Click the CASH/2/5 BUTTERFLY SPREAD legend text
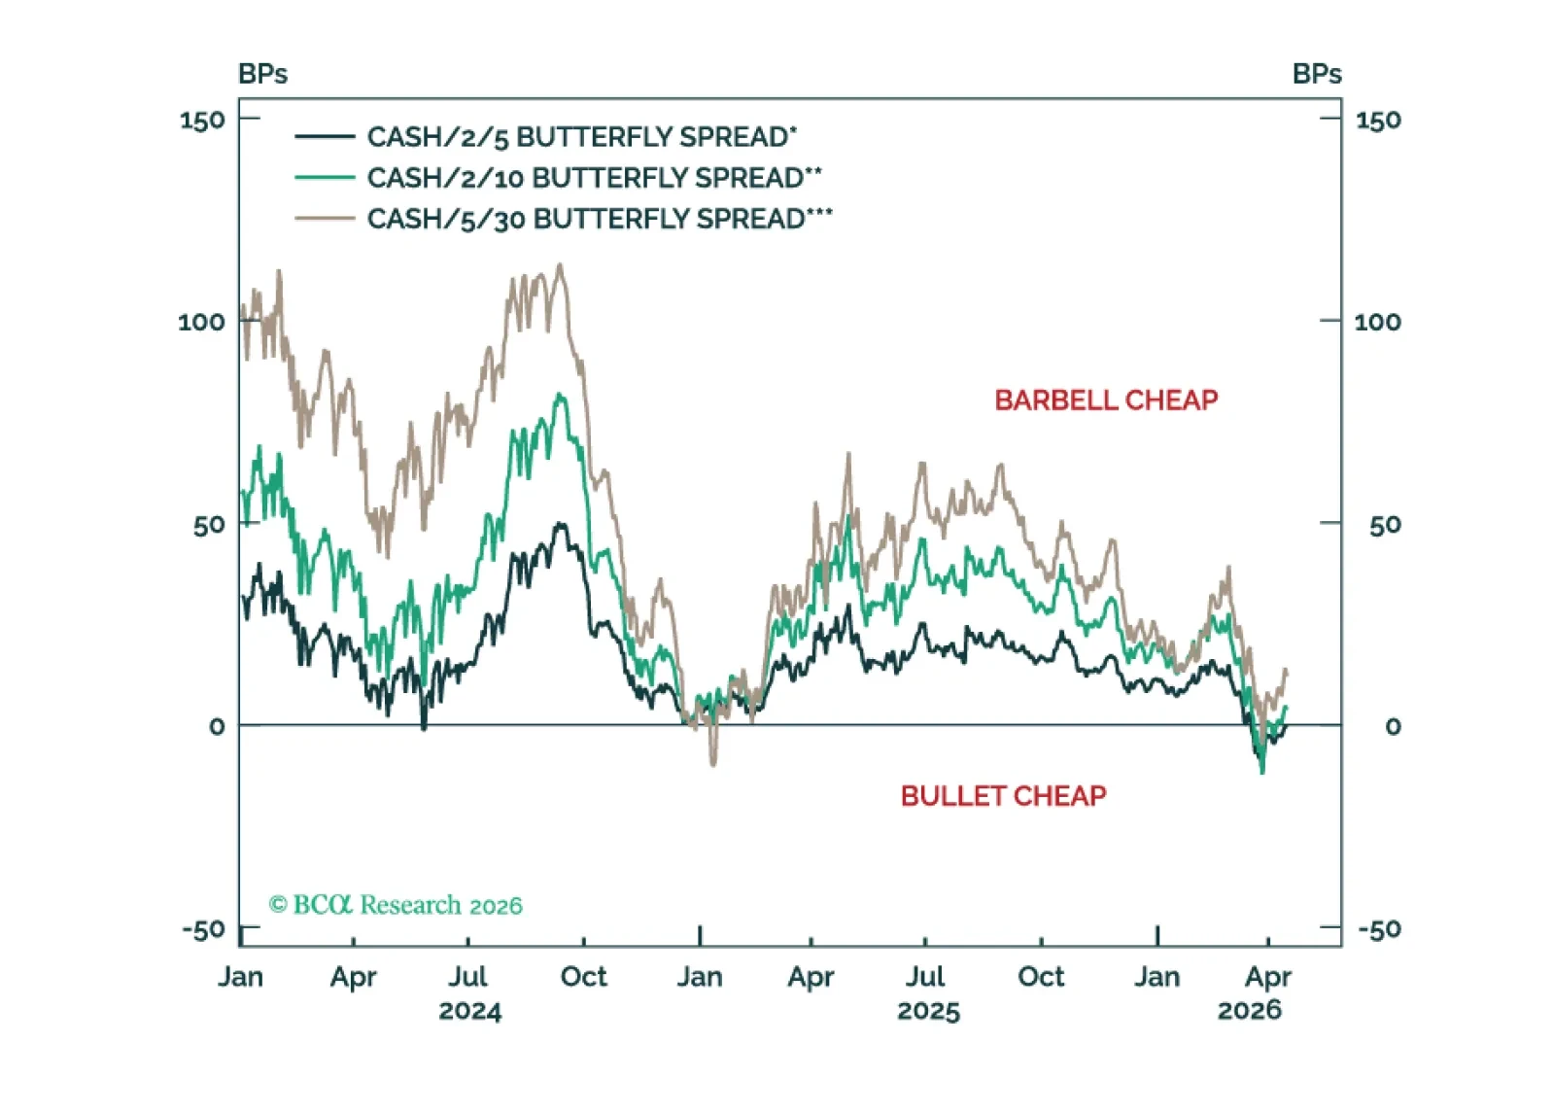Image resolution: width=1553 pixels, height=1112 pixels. point(581,137)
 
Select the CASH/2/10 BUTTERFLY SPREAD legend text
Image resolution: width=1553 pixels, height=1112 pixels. point(594,178)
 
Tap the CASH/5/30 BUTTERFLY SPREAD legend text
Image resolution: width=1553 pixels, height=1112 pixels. point(599,219)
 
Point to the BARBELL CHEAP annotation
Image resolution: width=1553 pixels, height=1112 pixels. point(1106,400)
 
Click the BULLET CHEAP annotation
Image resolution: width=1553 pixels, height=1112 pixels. point(1003,796)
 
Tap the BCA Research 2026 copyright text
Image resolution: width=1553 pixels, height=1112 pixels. point(396,905)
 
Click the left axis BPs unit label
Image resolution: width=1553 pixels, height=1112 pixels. point(262,74)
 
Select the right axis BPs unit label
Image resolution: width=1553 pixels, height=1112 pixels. point(1316,74)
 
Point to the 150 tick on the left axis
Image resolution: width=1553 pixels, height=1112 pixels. point(202,121)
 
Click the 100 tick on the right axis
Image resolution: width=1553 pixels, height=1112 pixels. point(1377,322)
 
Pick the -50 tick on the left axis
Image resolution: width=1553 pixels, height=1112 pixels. point(204,929)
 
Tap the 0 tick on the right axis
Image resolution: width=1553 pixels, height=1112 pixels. point(1393,726)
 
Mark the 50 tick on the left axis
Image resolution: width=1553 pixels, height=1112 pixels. point(210,525)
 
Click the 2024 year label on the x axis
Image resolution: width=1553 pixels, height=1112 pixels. point(469,1011)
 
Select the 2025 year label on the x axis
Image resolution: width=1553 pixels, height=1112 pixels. point(928,1011)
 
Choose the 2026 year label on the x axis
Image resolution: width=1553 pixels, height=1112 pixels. point(1250,1011)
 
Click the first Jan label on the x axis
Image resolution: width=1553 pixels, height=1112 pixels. point(240,976)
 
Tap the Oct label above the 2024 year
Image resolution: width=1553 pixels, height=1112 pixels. point(583,976)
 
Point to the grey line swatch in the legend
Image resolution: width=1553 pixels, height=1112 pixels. point(324,219)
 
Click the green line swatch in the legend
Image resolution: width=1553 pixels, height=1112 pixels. point(324,178)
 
